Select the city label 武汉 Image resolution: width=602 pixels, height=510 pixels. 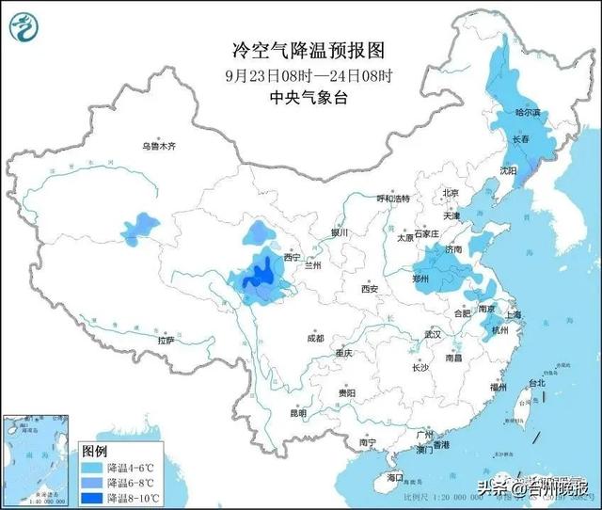tap(432, 334)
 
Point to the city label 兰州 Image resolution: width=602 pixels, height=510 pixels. tap(310, 266)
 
